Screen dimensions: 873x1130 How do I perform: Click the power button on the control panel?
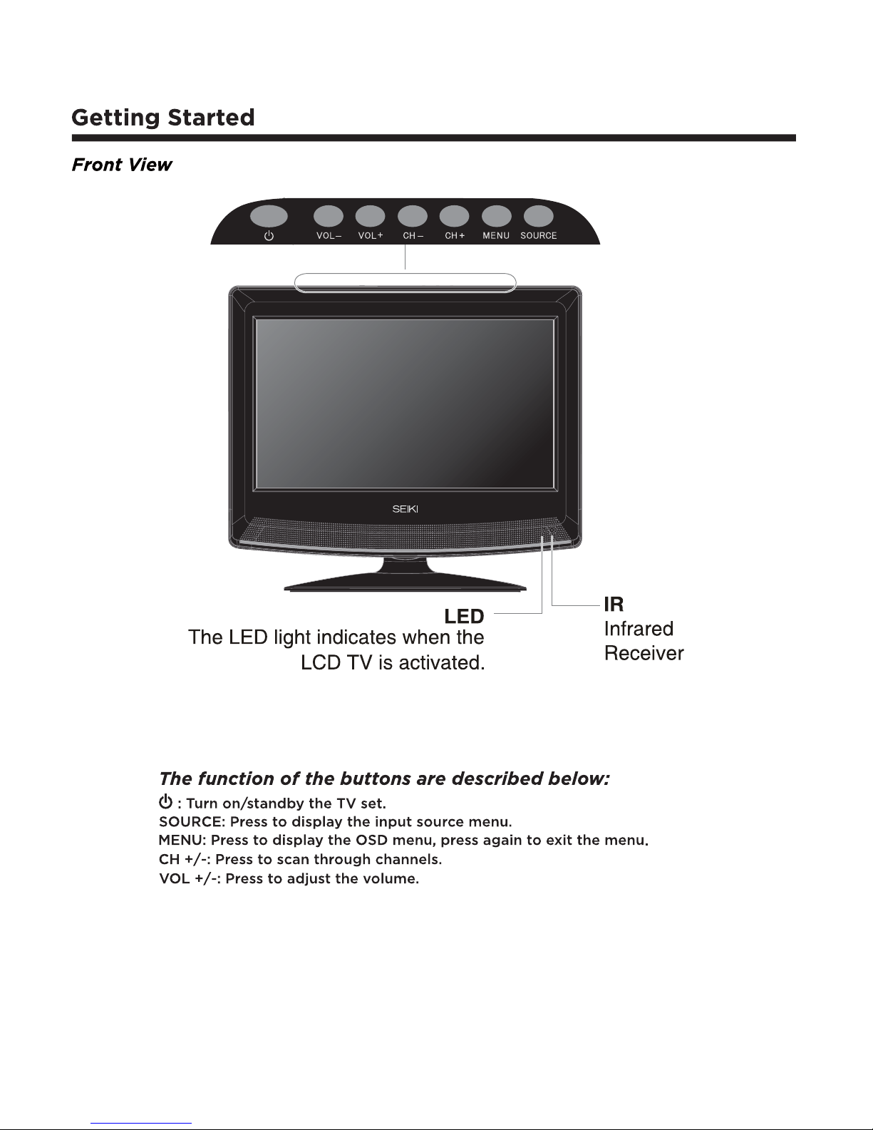pyautogui.click(x=269, y=216)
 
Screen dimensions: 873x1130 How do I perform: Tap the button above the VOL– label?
pyautogui.click(x=329, y=216)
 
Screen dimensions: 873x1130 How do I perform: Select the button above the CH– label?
pyautogui.click(x=413, y=216)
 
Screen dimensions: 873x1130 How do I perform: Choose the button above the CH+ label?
pyautogui.click(x=455, y=216)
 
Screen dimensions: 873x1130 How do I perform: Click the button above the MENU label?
pyautogui.click(x=496, y=216)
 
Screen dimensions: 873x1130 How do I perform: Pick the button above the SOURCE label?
pyautogui.click(x=538, y=216)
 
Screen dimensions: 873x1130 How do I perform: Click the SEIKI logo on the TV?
pyautogui.click(x=405, y=509)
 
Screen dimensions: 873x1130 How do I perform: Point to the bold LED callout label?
pyautogui.click(x=464, y=616)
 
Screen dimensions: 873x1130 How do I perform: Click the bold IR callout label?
pyautogui.click(x=614, y=605)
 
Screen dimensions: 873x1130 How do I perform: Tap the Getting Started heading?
pyautogui.click(x=163, y=117)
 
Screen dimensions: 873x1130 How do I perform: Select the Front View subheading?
pyautogui.click(x=122, y=165)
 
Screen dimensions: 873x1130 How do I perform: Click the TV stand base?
pyautogui.click(x=405, y=586)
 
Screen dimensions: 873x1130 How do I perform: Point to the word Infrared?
pyautogui.click(x=639, y=629)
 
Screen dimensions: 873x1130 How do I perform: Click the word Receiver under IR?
pyautogui.click(x=644, y=653)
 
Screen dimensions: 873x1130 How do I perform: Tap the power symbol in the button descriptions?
pyautogui.click(x=165, y=803)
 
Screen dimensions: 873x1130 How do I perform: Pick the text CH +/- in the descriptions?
pyautogui.click(x=182, y=860)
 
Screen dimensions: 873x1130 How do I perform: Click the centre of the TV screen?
pyautogui.click(x=405, y=404)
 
